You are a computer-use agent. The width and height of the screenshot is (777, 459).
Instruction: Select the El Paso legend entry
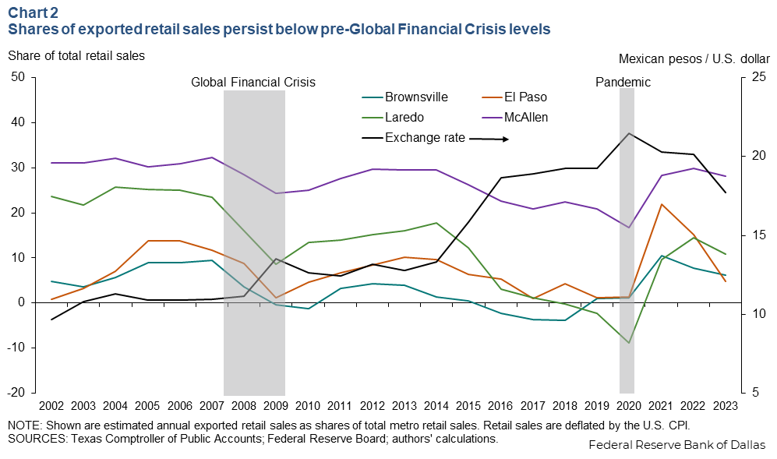tap(526, 98)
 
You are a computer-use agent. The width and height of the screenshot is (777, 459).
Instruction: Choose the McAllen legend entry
tap(526, 118)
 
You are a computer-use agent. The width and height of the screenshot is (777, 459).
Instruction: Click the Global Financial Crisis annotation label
tap(253, 82)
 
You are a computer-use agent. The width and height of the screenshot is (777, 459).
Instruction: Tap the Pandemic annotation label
tap(623, 82)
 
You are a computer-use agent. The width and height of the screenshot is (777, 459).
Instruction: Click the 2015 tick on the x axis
tap(467, 406)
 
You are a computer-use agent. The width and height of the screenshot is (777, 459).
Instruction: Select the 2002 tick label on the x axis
tap(52, 406)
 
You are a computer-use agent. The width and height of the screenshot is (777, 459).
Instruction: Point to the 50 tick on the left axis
tap(19, 77)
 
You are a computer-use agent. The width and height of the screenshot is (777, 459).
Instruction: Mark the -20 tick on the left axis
tap(16, 393)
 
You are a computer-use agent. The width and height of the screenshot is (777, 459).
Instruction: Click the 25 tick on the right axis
tap(759, 77)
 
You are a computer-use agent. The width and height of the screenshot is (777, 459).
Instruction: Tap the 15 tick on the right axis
tap(759, 235)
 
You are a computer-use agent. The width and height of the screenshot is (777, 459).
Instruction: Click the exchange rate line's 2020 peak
tap(628, 133)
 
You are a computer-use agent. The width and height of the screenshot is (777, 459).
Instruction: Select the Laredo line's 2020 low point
tap(628, 343)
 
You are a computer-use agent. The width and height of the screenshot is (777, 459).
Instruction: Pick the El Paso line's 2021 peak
tap(662, 204)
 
